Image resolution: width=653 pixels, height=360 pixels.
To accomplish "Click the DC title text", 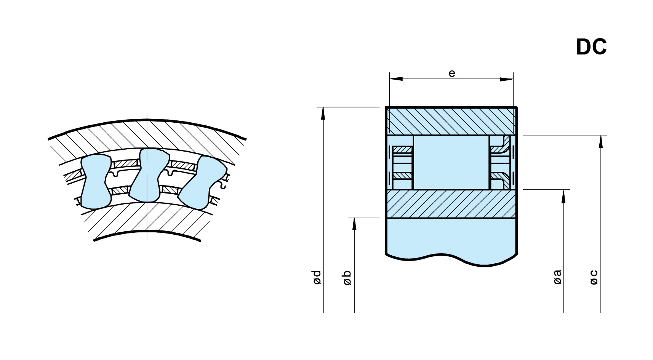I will tap(591, 47).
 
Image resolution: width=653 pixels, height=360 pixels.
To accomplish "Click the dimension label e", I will tap(452, 73).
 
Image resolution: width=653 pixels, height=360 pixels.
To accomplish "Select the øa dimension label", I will tap(557, 277).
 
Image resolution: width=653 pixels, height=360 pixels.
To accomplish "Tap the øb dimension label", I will tap(347, 278).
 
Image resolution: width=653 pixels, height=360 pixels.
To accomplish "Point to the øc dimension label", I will tap(594, 277).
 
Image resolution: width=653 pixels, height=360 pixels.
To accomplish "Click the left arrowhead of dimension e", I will tap(396, 79).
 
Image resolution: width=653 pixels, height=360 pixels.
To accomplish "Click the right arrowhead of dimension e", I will tap(507, 79).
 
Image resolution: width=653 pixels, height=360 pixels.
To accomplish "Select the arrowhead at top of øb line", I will tap(354, 224).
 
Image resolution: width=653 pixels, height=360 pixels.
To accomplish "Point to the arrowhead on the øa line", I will tap(563, 196).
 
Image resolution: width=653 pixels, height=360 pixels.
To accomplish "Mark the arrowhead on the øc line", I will tap(601, 141).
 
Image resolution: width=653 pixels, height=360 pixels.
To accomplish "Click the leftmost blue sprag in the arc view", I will tap(96, 181).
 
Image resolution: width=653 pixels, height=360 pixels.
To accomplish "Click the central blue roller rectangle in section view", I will tap(451, 162).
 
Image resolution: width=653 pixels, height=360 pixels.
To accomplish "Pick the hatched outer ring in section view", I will tap(451, 121).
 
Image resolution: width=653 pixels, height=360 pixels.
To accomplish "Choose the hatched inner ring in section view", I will tap(451, 204).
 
